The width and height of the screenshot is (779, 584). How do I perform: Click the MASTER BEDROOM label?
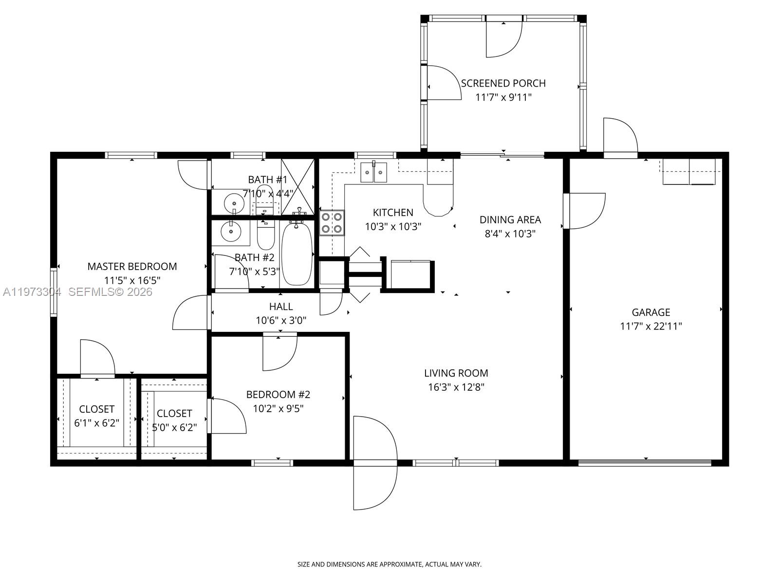132,266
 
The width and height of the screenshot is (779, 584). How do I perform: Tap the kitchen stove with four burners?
332,222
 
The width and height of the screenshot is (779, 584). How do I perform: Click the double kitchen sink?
374,172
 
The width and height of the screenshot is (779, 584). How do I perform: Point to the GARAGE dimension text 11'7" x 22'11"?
650,327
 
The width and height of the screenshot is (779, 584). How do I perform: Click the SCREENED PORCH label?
503,83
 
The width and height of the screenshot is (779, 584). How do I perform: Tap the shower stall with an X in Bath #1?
297,187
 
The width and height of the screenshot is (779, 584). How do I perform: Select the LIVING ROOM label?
456,373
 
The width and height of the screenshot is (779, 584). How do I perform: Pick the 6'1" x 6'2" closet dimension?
96,423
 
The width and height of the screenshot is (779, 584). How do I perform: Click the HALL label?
281,307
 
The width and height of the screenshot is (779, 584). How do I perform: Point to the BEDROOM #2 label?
278,395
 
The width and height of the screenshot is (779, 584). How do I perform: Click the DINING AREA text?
510,220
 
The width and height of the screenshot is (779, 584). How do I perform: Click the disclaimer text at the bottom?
389,565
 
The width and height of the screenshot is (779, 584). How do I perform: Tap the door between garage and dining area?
584,211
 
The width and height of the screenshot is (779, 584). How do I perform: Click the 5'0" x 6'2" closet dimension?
174,427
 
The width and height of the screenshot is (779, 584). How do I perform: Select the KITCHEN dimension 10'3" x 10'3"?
393,226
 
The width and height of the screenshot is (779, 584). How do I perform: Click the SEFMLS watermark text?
110,292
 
